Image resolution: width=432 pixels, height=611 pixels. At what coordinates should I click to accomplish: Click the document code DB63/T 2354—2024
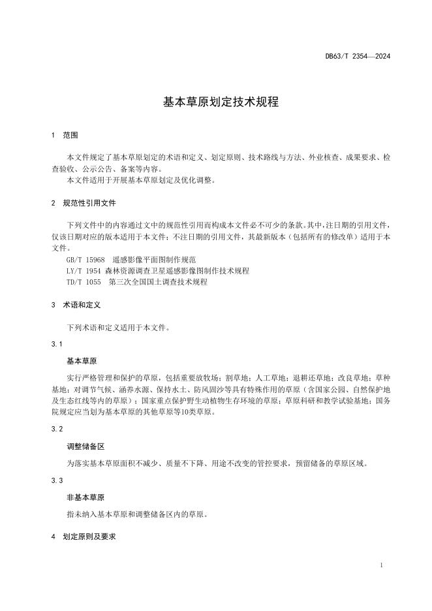[x=358, y=56]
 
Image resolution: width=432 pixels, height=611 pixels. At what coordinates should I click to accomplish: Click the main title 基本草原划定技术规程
[x=215, y=102]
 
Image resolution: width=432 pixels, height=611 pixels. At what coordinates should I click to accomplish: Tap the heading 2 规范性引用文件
[x=84, y=203]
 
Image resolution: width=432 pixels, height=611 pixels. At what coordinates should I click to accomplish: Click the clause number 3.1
[x=57, y=344]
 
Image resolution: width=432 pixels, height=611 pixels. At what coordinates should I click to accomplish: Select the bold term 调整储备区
[x=85, y=446]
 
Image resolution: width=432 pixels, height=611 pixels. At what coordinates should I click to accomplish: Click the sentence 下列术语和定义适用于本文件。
[x=117, y=328]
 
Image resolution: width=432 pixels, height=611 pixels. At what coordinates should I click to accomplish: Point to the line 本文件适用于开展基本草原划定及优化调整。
[x=141, y=180]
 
